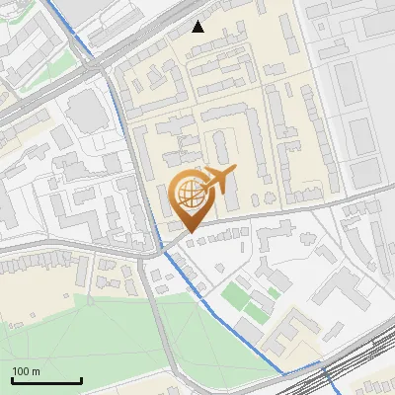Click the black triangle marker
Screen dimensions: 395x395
(198, 27)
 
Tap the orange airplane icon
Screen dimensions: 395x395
(219, 181)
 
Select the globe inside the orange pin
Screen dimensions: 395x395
(188, 195)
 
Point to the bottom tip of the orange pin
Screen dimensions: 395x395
(188, 233)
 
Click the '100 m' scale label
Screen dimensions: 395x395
(27, 371)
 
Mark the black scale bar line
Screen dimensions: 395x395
(46, 380)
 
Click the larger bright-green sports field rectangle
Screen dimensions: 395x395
(234, 295)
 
